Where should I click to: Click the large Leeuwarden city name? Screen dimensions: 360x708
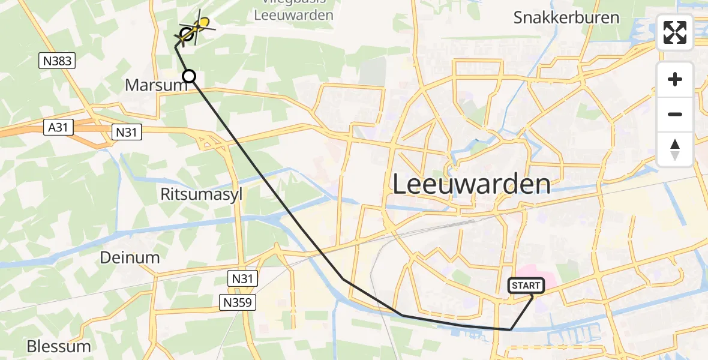[471, 184]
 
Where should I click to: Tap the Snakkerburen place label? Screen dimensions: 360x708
[566, 17]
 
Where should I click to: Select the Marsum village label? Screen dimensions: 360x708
[157, 85]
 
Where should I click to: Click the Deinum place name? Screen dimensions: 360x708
[130, 258]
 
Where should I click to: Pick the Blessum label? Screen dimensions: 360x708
[59, 346]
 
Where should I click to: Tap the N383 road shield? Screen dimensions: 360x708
[57, 59]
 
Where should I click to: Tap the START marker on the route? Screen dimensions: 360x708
[526, 286]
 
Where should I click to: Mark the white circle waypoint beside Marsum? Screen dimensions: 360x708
[189, 76]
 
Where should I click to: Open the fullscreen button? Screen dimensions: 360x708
[675, 32]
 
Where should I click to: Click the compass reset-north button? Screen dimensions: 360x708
[675, 149]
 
